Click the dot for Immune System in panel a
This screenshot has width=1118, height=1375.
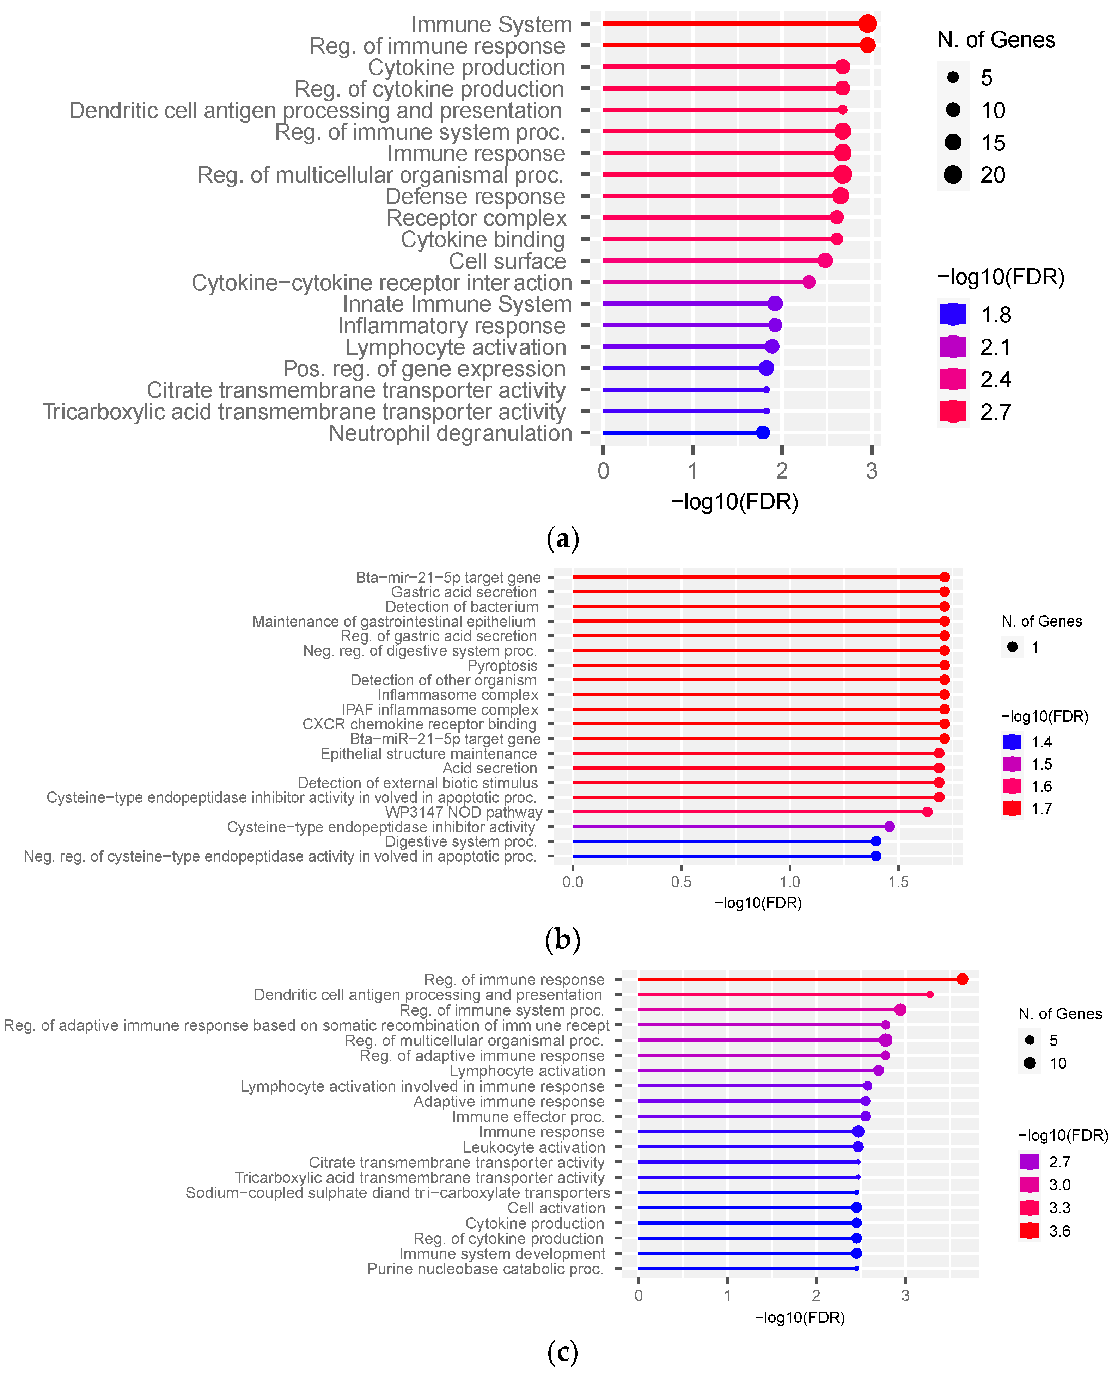click(x=867, y=24)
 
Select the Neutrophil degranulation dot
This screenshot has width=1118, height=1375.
click(x=763, y=433)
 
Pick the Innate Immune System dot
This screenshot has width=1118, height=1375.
click(x=775, y=303)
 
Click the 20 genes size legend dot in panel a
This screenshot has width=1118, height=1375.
click(x=953, y=174)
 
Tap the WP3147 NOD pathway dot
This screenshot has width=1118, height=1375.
click(x=927, y=812)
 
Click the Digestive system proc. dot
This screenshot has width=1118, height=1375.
click(x=875, y=841)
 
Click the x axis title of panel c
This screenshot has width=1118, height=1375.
click(x=799, y=1318)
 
